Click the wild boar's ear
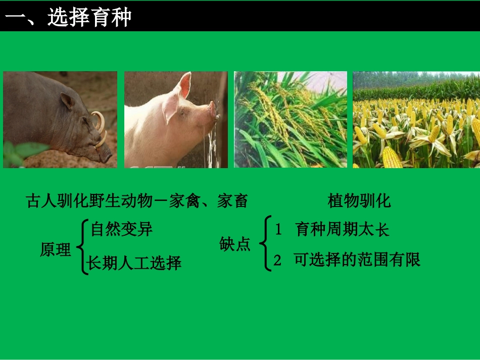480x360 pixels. click(68, 101)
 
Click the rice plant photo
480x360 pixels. click(291, 119)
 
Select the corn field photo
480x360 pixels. click(416, 119)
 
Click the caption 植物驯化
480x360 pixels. click(359, 201)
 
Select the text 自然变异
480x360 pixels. click(122, 229)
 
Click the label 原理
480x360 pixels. click(56, 249)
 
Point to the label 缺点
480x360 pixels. click(235, 244)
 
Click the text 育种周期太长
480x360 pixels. click(343, 230)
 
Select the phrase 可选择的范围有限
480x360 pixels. click(357, 260)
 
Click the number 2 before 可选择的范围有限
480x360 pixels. click(277, 260)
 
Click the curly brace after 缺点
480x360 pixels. click(263, 244)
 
